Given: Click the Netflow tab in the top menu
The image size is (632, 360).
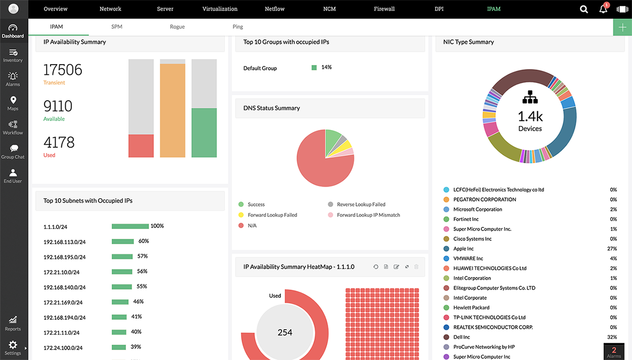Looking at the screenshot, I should point(275,9).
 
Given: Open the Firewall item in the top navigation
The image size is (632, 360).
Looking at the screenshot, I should point(384,9).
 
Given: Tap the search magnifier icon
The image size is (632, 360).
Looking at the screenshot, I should point(584,9).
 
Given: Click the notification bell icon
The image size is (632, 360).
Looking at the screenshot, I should point(603,9).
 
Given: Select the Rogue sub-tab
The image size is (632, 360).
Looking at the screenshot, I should point(177,27).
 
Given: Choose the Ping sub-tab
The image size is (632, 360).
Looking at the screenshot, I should point(238,27).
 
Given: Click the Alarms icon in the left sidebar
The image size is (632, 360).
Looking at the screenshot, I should point(13,79).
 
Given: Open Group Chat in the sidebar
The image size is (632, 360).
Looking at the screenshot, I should point(13,151).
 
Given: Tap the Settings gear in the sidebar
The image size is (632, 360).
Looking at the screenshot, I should point(13,347).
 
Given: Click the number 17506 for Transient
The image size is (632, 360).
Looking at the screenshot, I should point(63,70).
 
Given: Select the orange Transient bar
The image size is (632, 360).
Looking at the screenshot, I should point(172,110).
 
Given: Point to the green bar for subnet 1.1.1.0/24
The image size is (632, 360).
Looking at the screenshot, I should point(130,226).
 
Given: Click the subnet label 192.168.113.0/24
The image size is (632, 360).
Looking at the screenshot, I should point(64,242).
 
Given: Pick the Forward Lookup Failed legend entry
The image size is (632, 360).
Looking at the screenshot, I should point(272,215).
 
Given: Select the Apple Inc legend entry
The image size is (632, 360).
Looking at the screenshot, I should point(463,249).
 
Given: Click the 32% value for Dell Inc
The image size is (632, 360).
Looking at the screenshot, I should point(612,337).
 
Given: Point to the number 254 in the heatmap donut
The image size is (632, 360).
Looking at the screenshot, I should point(285,333).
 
